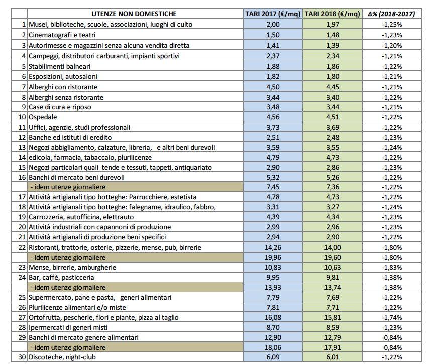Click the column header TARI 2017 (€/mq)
[x=273, y=14]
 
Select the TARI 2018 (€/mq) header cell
[x=333, y=14]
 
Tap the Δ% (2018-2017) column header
[x=392, y=14]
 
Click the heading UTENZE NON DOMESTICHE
[x=134, y=14]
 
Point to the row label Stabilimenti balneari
[x=60, y=66]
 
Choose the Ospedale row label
[x=43, y=117]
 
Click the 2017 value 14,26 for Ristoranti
[x=273, y=247]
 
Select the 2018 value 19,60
[x=333, y=257]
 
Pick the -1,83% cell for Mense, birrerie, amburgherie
[x=392, y=268]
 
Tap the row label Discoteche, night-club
[x=62, y=357]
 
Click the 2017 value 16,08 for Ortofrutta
[x=273, y=318]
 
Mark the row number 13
[x=22, y=148]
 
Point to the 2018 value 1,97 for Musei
[x=333, y=24]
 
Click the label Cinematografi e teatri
[x=62, y=35]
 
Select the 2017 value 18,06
[x=273, y=347]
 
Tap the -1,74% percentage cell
[x=392, y=318]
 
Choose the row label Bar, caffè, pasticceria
[x=61, y=277]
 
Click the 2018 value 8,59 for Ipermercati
[x=333, y=327]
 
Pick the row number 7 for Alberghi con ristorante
[x=24, y=87]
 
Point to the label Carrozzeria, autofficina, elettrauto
[x=81, y=217]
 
